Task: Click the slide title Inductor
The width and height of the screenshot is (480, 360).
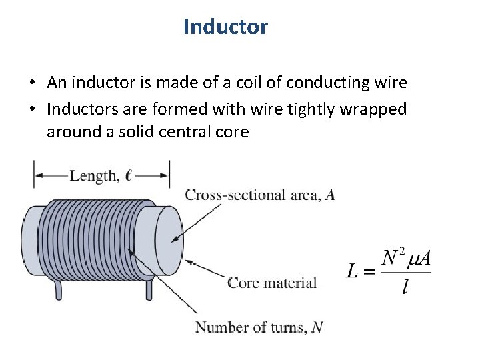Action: pyautogui.click(x=225, y=27)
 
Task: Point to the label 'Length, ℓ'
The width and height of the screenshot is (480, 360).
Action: pyautogui.click(x=101, y=176)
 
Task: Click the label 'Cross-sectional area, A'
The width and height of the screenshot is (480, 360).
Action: pyautogui.click(x=260, y=195)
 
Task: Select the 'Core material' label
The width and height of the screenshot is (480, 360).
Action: pyautogui.click(x=272, y=283)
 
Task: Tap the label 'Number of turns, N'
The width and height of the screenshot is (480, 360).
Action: pyautogui.click(x=259, y=327)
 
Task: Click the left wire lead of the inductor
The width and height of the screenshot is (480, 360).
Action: pyautogui.click(x=58, y=289)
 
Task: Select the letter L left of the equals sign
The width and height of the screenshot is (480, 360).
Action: pyautogui.click(x=355, y=272)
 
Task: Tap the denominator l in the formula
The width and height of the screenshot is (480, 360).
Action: pyautogui.click(x=405, y=288)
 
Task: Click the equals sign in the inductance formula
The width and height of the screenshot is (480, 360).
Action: pyautogui.click(x=371, y=272)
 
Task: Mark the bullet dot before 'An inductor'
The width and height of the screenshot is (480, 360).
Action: pyautogui.click(x=32, y=83)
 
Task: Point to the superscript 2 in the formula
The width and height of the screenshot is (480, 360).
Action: pyautogui.click(x=402, y=253)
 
